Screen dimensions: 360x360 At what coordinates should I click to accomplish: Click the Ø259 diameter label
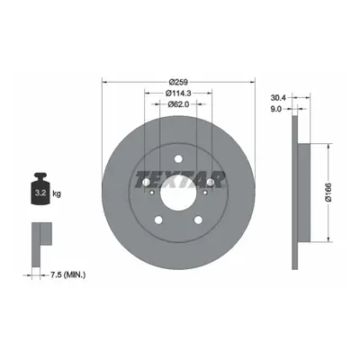point(178,82)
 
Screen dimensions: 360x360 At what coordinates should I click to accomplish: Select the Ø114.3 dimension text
point(178,93)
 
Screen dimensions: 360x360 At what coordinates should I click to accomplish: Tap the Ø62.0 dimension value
point(178,104)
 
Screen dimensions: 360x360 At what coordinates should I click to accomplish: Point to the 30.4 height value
point(279,97)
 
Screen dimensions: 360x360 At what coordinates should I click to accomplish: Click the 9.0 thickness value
point(276,109)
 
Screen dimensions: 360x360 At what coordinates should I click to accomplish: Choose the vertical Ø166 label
point(328,193)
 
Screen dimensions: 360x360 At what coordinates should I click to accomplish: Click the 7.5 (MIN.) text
point(67,274)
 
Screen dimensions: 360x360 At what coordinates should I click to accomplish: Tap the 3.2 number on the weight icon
point(40,193)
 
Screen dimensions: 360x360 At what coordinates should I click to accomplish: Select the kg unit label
point(57,193)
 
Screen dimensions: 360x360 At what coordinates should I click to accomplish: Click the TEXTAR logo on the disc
point(180,180)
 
